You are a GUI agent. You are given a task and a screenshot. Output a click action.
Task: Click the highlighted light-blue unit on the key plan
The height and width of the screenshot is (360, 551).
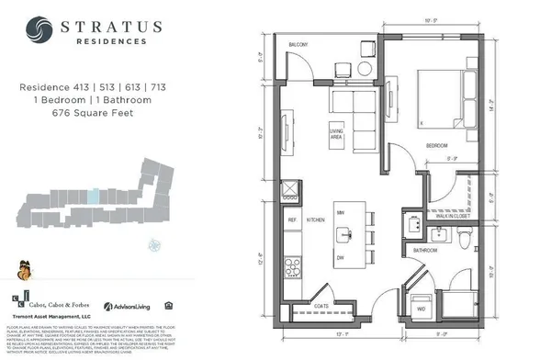(92, 196)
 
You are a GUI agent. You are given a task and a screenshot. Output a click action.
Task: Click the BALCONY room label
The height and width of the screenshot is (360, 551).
(298, 44)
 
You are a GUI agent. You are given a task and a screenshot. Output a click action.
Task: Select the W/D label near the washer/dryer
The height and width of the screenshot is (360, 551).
(420, 310)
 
